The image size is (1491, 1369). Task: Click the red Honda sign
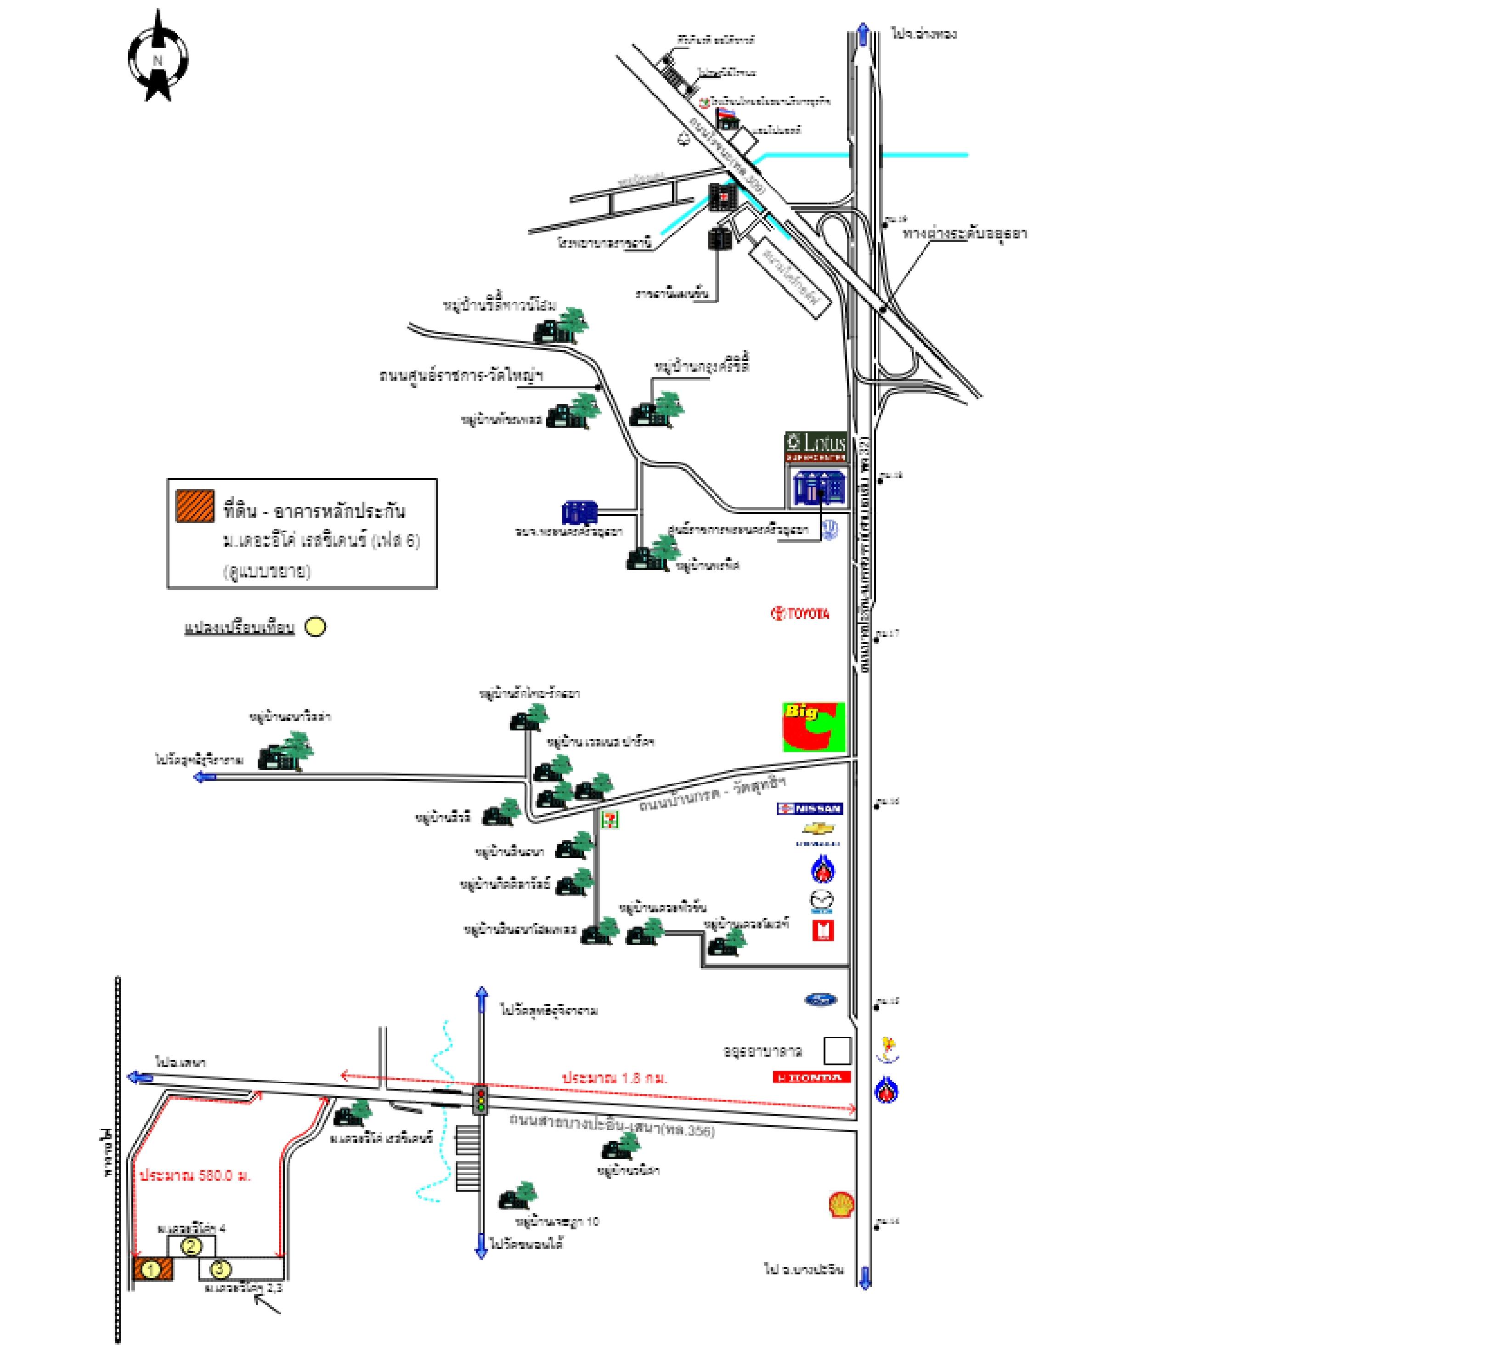point(811,1077)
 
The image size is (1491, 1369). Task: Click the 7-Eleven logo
point(610,819)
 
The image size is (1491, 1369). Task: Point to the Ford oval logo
point(821,1000)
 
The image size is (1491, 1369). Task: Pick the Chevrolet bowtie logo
point(819,828)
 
